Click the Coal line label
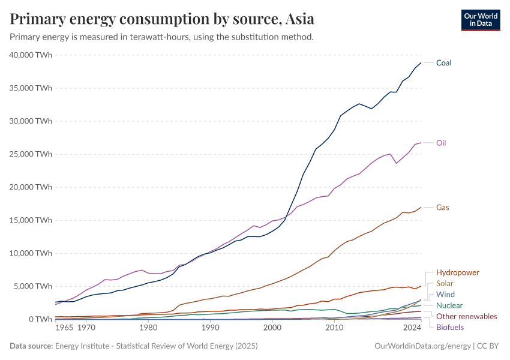point(443,62)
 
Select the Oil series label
point(440,143)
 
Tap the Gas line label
point(442,208)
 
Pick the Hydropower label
point(457,272)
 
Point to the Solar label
point(445,283)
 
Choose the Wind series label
point(445,295)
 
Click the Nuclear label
point(449,305)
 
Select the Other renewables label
point(466,316)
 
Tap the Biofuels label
point(449,327)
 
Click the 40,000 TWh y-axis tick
point(31,55)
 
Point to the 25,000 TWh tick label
point(31,154)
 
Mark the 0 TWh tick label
point(39,319)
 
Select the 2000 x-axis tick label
point(272,329)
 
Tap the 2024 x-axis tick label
point(412,329)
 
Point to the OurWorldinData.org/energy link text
point(422,346)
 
